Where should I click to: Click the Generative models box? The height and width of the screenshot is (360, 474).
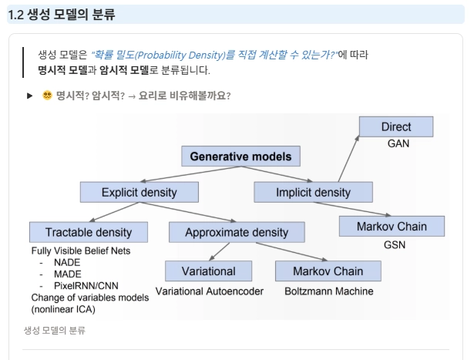pos(240,156)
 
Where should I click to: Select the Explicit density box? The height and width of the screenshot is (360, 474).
pos(140,192)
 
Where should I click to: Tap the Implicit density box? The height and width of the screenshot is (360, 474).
pos(313,192)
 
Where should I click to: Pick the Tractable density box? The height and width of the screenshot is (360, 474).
pos(89,233)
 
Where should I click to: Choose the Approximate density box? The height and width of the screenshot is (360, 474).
pos(237,233)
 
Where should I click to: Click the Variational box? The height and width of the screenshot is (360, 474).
pos(209,271)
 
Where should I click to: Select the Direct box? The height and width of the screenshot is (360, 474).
pos(396,126)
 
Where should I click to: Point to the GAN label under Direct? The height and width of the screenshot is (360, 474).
pos(398,143)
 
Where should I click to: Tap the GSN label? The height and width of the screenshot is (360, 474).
pos(395,245)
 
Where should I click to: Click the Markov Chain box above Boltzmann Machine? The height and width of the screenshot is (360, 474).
pos(328,271)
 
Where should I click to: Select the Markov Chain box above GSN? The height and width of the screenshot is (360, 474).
pos(392,227)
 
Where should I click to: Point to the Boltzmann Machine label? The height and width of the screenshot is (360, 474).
pos(329,291)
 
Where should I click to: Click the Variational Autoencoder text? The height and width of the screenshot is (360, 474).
pos(209,291)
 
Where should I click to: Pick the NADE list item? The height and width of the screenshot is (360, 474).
pos(67,262)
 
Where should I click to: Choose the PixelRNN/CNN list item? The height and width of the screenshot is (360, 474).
pos(86,286)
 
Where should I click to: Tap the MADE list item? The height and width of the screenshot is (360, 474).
pos(67,274)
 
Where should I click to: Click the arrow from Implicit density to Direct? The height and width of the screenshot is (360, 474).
pos(348,159)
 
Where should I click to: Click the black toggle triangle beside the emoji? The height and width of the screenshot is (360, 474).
pos(29,96)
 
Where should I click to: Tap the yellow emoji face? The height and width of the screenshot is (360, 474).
pos(47,96)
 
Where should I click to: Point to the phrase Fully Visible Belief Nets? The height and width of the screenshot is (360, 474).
pos(81,251)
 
